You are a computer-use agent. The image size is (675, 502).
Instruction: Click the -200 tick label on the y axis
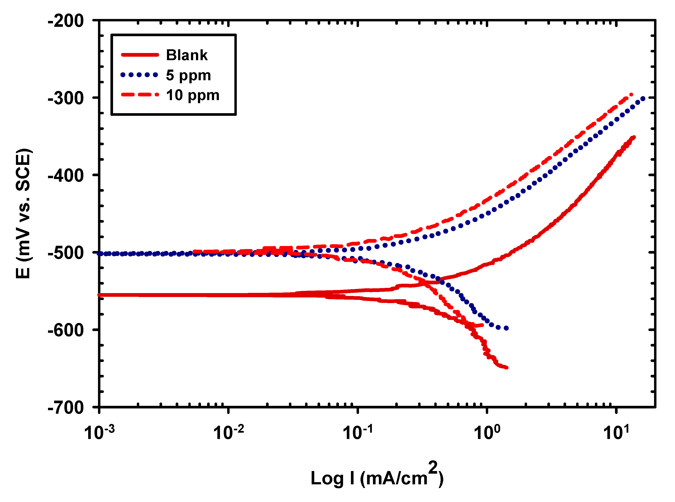click(x=66, y=21)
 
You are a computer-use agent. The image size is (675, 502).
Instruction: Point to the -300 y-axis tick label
click(x=66, y=98)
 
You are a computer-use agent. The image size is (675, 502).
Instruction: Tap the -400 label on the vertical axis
click(x=66, y=176)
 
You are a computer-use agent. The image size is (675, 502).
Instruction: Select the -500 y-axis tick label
click(x=66, y=253)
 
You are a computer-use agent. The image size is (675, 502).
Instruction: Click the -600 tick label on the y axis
click(x=66, y=330)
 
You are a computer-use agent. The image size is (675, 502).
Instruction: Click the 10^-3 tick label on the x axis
click(x=99, y=432)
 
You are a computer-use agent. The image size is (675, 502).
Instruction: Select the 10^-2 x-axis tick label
click(x=228, y=432)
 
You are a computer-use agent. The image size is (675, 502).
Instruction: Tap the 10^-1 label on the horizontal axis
click(x=357, y=432)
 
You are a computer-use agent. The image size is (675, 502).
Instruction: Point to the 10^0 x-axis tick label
click(x=487, y=432)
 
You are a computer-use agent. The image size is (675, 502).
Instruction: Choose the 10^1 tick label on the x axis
click(x=616, y=432)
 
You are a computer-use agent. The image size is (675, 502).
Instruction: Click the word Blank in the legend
click(x=187, y=55)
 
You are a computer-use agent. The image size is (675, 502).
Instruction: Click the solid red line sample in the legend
click(x=140, y=55)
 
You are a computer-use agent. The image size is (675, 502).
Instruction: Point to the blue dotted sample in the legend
click(x=139, y=75)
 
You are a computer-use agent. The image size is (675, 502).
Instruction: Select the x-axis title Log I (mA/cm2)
click(x=377, y=477)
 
